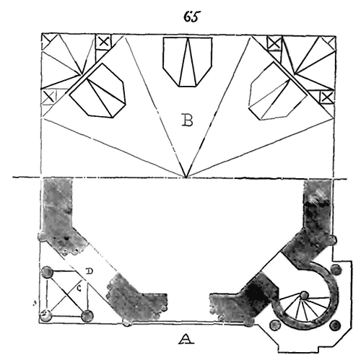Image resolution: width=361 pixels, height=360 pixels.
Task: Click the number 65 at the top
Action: coord(192,17)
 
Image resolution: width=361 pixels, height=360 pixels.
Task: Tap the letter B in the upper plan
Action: coord(187,120)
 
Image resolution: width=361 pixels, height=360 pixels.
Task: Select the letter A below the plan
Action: coord(186,339)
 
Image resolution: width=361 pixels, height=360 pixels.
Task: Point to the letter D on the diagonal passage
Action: coord(90,271)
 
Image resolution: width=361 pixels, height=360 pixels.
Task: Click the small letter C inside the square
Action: coord(79,288)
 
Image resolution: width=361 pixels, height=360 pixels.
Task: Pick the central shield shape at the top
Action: coord(188,62)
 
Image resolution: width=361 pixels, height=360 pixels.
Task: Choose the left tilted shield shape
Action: coord(97,91)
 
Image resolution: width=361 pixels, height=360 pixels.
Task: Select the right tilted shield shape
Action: coord(278,91)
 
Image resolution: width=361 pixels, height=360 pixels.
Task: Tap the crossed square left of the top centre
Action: coord(103,42)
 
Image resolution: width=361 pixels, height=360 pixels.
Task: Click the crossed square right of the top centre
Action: coord(274,43)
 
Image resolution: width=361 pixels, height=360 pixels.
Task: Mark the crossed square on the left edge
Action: coord(49,97)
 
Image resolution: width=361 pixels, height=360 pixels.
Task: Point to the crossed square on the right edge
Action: coord(326,97)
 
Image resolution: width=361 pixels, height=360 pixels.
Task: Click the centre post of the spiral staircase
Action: coord(304,295)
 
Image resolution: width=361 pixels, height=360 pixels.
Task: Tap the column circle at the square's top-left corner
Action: coord(47,272)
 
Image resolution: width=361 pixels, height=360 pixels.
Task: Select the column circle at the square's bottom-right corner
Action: coord(87,316)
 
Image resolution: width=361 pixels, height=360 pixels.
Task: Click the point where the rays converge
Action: coord(186,177)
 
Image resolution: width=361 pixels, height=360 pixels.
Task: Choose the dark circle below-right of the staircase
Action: coord(335,326)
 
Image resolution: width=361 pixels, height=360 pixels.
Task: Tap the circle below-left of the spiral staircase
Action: coord(275,325)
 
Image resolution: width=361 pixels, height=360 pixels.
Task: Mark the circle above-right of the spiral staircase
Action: coord(336,269)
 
